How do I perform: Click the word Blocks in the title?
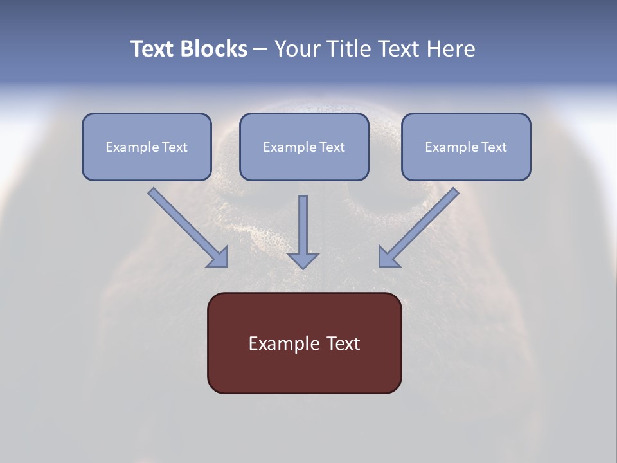214,49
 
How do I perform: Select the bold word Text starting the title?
154,49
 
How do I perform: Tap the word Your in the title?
297,49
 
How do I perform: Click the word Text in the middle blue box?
332,147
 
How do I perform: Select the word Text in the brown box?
343,343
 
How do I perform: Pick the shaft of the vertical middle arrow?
303,222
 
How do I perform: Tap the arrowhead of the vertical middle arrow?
303,260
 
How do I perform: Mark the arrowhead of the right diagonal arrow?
388,257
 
